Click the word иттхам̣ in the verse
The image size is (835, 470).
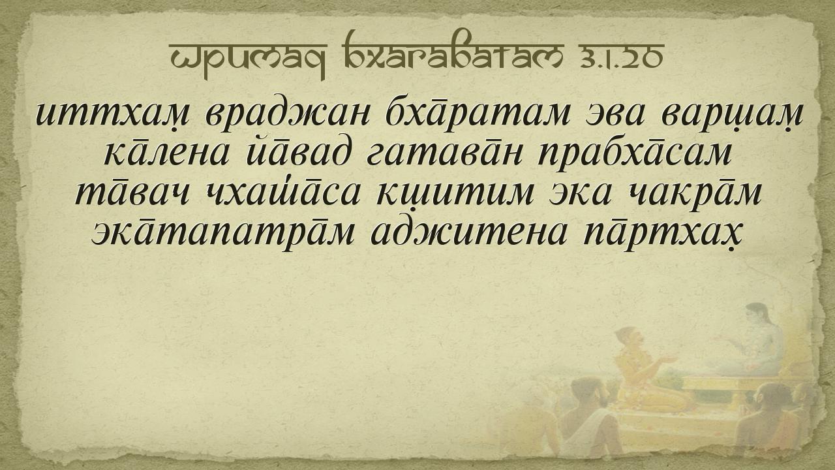(113, 114)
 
